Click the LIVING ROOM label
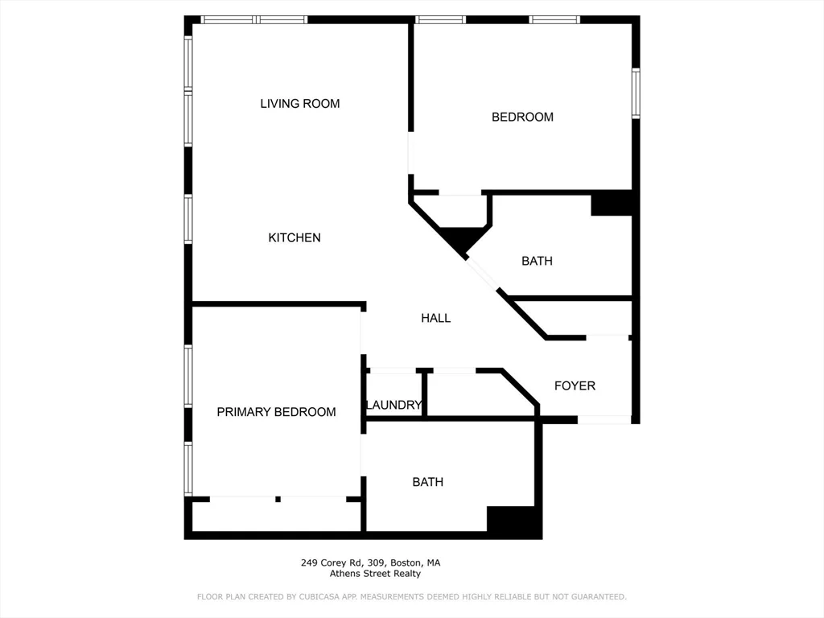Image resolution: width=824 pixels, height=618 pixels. point(299,104)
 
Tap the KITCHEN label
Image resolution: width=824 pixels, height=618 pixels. point(295,238)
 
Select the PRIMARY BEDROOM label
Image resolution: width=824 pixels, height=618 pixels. point(276,412)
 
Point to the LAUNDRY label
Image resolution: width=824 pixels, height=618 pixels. point(393,405)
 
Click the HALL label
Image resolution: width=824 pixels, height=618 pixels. point(435,319)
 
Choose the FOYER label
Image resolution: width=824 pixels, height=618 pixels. point(575,386)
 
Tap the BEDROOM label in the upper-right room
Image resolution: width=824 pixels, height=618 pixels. point(522,117)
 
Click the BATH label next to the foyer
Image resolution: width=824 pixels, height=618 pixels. point(537,262)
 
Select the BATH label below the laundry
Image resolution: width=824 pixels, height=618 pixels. point(427,482)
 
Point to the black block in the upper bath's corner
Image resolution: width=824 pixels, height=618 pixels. point(612,204)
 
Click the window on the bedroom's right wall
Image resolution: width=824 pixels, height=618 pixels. point(635,93)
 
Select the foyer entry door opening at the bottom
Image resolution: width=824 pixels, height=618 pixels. point(604,419)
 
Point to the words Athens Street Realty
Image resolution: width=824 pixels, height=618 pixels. point(375,574)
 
